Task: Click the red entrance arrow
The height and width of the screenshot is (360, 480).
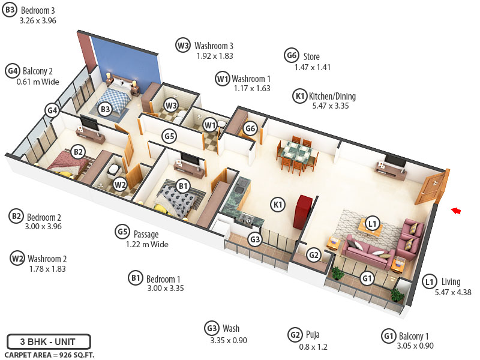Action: [457, 210]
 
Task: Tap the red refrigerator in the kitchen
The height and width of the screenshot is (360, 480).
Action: [299, 211]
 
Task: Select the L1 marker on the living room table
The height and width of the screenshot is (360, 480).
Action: [373, 224]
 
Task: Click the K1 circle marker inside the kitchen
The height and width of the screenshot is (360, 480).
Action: [278, 205]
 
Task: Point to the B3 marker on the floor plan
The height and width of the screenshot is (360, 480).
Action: [105, 109]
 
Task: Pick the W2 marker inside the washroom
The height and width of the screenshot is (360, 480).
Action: [120, 185]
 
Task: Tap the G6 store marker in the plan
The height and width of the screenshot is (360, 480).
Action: [251, 128]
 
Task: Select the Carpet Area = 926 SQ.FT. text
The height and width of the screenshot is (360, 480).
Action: [49, 355]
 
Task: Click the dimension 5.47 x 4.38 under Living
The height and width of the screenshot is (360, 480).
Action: [454, 292]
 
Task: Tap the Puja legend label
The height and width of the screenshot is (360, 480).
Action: [311, 334]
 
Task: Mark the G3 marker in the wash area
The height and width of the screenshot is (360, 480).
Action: [255, 239]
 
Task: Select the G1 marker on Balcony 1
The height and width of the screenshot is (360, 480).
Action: [367, 279]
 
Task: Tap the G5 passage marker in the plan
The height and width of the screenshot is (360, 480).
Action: [170, 136]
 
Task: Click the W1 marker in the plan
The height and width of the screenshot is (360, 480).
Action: [209, 125]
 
